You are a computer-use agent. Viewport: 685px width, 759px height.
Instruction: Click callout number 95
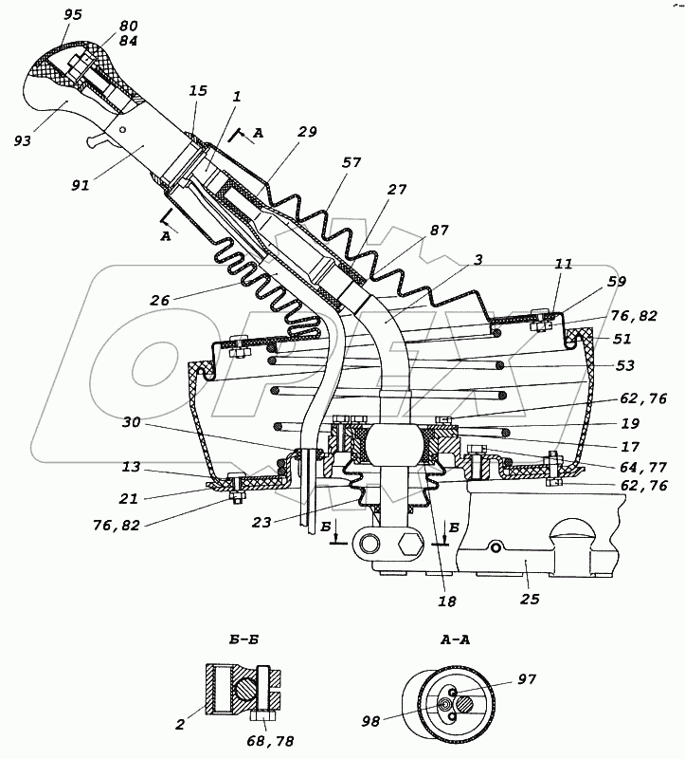[x=73, y=15]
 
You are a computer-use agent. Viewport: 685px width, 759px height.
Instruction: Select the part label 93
[x=23, y=140]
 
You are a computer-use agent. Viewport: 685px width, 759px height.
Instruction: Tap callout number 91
[x=80, y=184]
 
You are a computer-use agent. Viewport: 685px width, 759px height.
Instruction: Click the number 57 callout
[x=352, y=163]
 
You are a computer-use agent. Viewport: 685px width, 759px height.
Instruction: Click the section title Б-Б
[x=244, y=639]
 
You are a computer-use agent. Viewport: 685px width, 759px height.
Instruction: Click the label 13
[x=132, y=467]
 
